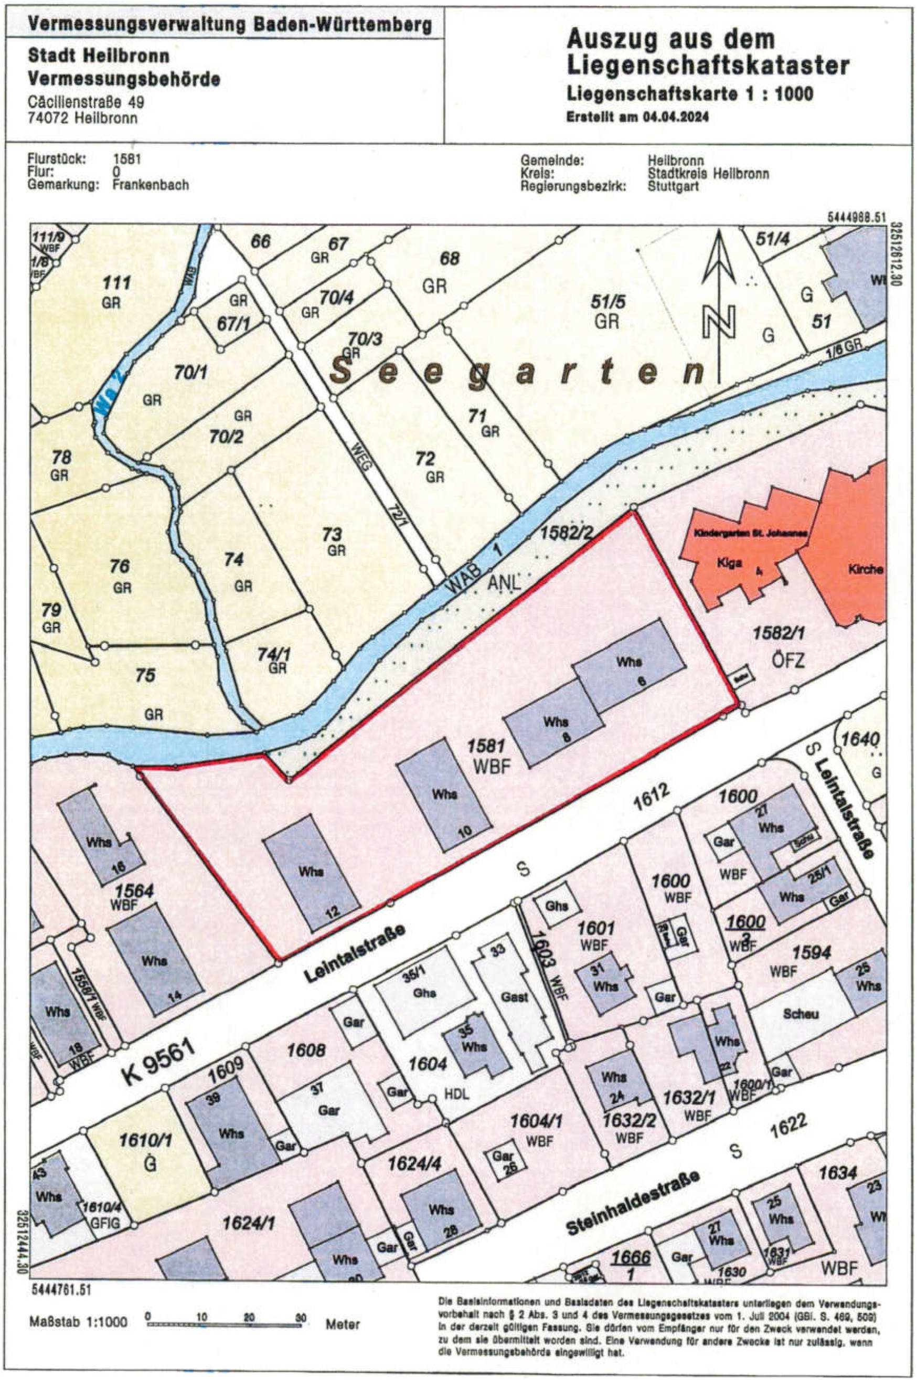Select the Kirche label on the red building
click(x=866, y=569)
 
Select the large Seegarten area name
click(x=518, y=372)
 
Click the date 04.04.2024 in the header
click(x=676, y=117)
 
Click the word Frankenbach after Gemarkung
click(x=151, y=185)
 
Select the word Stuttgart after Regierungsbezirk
click(x=674, y=186)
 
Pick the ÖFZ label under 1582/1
click(x=786, y=661)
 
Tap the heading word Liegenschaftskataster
click(x=708, y=66)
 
